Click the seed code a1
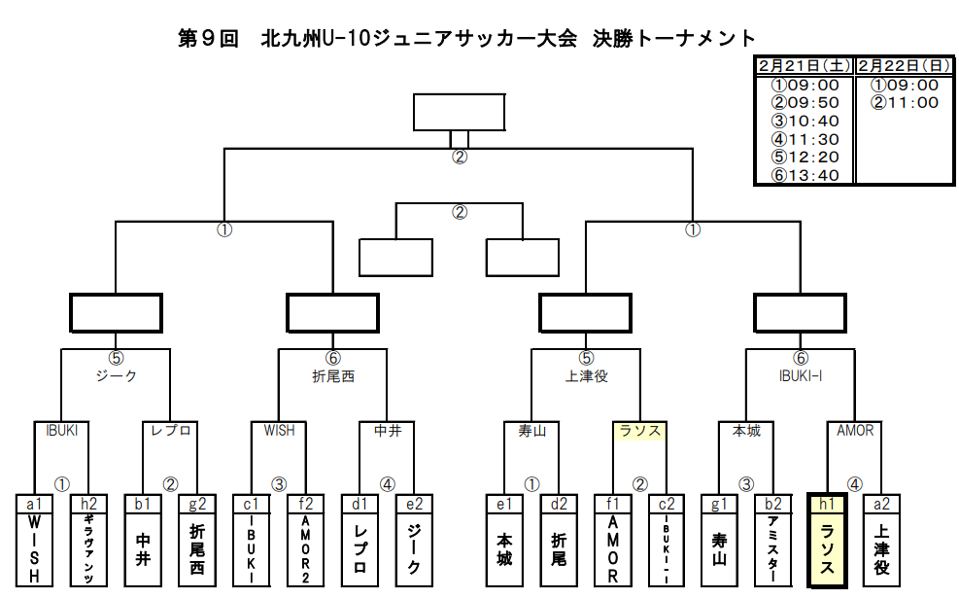coord(34,504)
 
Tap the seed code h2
coord(88,504)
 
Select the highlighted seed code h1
coord(827,504)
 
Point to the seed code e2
coord(415,504)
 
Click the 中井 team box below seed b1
coord(143,550)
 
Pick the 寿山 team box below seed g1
coord(719,550)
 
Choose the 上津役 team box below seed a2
coord(881,550)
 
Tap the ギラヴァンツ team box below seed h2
coord(88,550)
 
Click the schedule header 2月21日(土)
coord(805,66)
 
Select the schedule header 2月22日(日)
coord(904,66)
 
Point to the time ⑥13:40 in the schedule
coord(805,175)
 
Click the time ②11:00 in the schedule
coord(905,102)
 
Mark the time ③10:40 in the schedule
coord(805,121)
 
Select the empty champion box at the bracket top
coord(459,112)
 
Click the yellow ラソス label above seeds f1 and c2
coord(639,430)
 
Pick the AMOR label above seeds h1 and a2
coord(854,430)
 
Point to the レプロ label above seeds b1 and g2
coord(170,430)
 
